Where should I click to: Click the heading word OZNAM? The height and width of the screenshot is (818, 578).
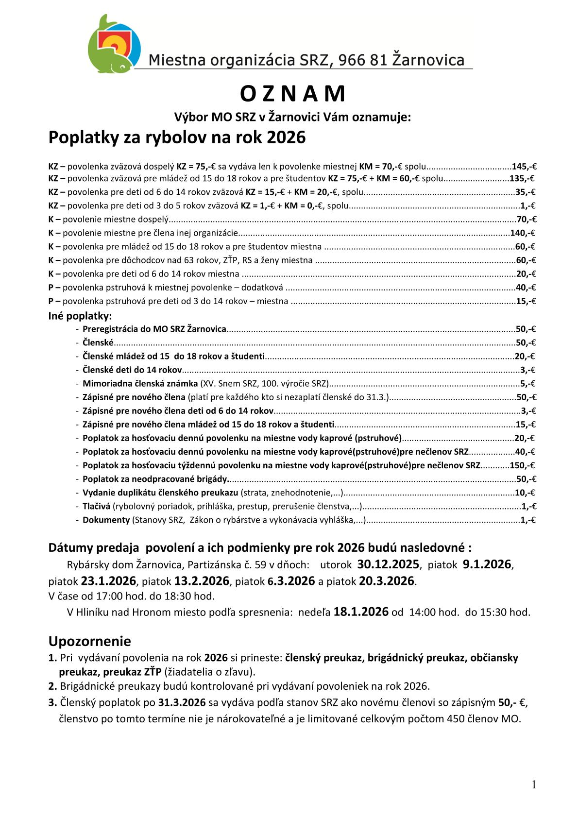click(292, 94)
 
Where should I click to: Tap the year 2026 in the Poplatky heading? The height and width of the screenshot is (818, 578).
click(286, 137)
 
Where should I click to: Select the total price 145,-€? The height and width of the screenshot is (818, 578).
click(524, 166)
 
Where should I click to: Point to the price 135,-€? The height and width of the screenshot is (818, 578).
click(522, 178)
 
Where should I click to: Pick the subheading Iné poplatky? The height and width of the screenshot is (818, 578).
click(80, 316)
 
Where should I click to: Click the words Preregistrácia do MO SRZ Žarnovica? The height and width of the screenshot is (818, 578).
click(154, 329)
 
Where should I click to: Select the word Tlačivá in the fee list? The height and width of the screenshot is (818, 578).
click(96, 506)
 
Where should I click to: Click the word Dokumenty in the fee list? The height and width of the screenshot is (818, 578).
click(106, 520)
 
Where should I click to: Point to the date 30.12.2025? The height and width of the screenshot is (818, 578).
click(388, 564)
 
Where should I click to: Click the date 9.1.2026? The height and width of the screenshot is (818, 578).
click(487, 564)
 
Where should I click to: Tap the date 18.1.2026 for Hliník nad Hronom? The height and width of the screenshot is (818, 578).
click(361, 612)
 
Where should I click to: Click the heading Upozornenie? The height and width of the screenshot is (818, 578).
click(89, 641)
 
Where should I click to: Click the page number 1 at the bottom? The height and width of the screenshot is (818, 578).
click(534, 785)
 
